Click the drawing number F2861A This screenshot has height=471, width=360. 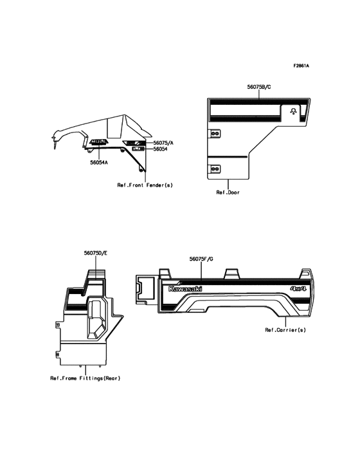pos(301,66)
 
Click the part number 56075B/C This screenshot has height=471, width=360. pos(259,87)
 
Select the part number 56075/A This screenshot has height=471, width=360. pos(163,143)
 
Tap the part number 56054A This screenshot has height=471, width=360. pos(99,163)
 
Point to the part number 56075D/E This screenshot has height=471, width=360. pos(96,254)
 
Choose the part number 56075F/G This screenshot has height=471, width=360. pos(201,259)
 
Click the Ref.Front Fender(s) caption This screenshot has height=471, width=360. pos(145,185)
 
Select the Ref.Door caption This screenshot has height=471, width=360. pos(228,192)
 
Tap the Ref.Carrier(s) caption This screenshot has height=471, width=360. pos(285,330)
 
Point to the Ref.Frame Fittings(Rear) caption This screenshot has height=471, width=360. pos(85,378)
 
